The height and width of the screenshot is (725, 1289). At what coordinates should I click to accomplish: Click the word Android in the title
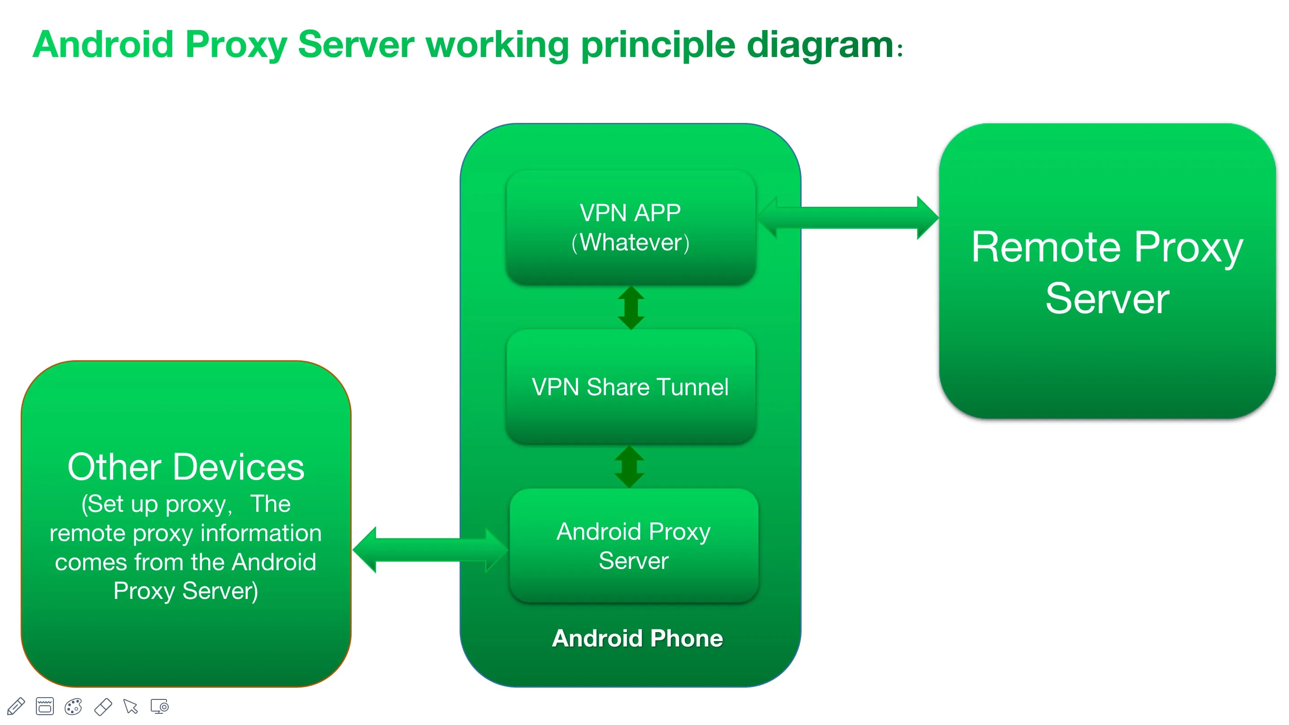coord(103,45)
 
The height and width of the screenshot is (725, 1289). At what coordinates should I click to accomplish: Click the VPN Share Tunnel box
coord(630,387)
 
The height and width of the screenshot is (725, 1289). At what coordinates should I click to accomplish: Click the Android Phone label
coord(637,638)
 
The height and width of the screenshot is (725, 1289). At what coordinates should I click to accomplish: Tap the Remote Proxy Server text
coord(1107,273)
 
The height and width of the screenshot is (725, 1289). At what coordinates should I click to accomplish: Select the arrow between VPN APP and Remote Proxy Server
coord(848,218)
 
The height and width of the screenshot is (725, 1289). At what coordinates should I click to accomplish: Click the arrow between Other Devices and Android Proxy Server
coord(430,550)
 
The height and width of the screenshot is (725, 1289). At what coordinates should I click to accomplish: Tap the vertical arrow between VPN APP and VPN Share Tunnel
coord(631,308)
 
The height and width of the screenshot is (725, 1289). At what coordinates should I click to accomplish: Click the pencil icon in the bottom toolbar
coord(16,707)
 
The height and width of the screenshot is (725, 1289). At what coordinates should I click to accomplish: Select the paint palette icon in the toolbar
coord(74,707)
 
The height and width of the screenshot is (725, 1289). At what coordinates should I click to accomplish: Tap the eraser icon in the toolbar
coord(103,707)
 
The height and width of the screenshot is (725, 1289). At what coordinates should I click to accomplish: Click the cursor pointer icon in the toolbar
coord(131,707)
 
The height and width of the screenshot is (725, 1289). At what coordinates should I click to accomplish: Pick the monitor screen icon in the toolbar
coord(160,707)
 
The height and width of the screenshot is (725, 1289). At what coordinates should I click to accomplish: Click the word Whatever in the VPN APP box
coord(631,243)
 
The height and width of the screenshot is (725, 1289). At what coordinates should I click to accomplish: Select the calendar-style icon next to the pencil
coord(44,707)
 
